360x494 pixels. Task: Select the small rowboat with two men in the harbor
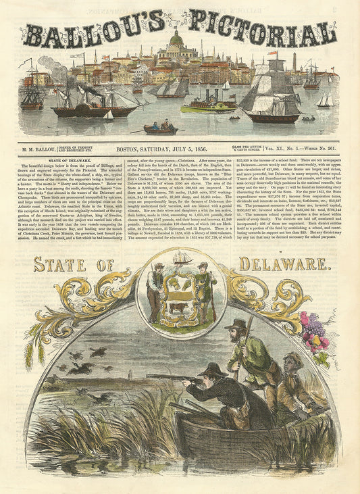point(160,126)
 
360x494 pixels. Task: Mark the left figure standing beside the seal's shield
point(156,289)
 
